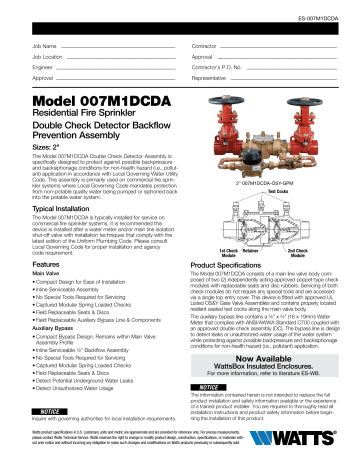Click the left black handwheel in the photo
coord(225,98)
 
